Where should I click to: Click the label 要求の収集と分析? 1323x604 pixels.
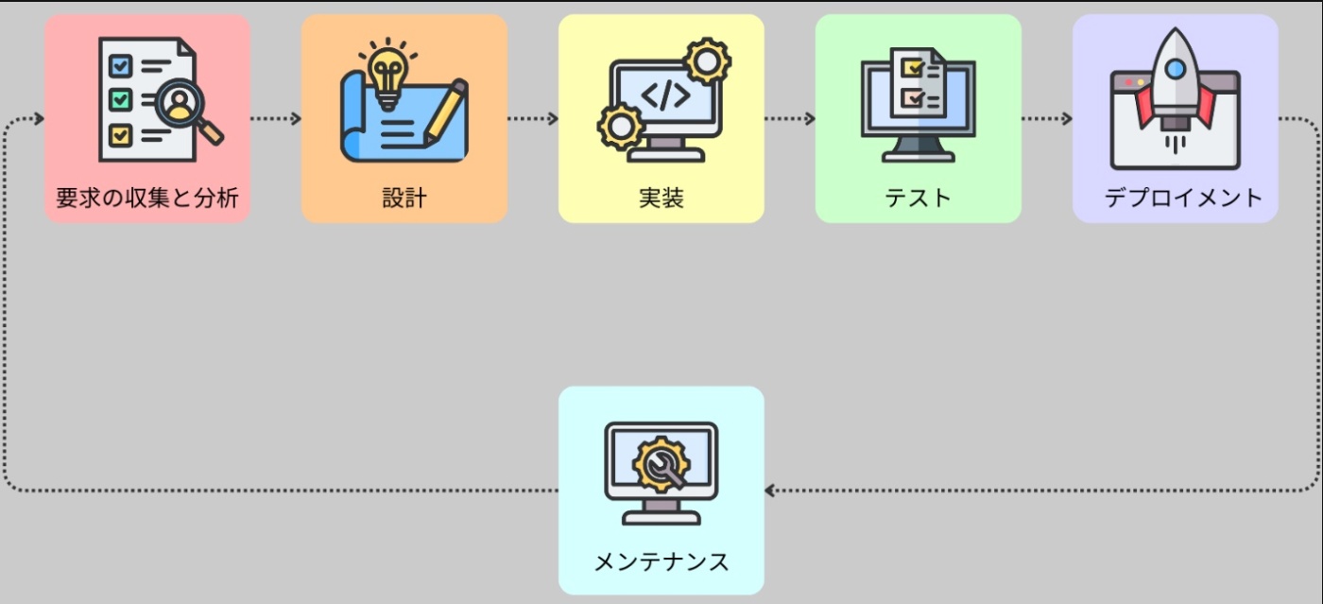(x=146, y=198)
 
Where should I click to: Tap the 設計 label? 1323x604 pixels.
(x=404, y=198)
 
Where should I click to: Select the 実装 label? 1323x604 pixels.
(x=661, y=198)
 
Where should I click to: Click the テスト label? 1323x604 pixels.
(x=918, y=198)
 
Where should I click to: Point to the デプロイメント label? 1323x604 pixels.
(x=1183, y=198)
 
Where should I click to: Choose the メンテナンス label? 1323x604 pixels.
(x=661, y=562)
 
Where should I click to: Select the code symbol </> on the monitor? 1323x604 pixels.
(x=665, y=95)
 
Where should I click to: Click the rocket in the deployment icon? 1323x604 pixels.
(x=1175, y=85)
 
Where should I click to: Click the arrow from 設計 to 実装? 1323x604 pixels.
(x=532, y=119)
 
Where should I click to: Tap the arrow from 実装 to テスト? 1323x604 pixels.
(x=789, y=119)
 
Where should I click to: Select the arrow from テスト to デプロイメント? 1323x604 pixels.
(x=1046, y=119)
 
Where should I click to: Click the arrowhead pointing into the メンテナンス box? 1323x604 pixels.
(x=770, y=491)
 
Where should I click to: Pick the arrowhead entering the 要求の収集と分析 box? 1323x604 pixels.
(x=38, y=119)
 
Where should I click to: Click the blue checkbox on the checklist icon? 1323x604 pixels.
(x=120, y=65)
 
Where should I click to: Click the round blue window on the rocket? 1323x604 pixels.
(x=1175, y=68)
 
